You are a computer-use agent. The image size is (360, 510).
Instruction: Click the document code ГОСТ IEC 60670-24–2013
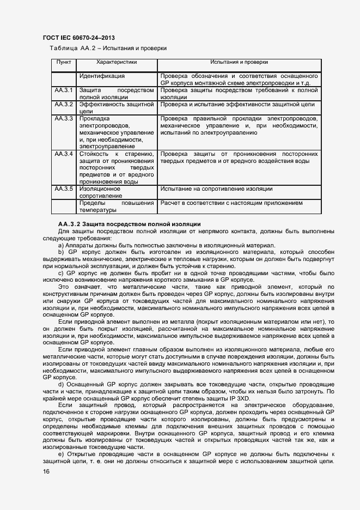click(78, 38)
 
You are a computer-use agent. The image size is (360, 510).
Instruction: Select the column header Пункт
click(64, 63)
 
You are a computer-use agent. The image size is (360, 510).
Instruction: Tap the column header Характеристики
click(117, 63)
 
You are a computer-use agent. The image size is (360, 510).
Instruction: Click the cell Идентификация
click(102, 76)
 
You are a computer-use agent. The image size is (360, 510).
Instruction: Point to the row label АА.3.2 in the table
click(64, 104)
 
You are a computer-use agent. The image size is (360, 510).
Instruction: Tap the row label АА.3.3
click(64, 118)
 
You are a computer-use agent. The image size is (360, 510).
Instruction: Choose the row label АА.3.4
click(64, 154)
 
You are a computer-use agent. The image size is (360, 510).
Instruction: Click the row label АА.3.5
click(64, 189)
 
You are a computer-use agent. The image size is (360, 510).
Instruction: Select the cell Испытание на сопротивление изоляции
click(216, 189)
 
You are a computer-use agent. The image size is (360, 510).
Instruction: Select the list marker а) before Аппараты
click(60, 245)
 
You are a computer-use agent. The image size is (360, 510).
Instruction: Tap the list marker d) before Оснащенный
click(60, 384)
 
